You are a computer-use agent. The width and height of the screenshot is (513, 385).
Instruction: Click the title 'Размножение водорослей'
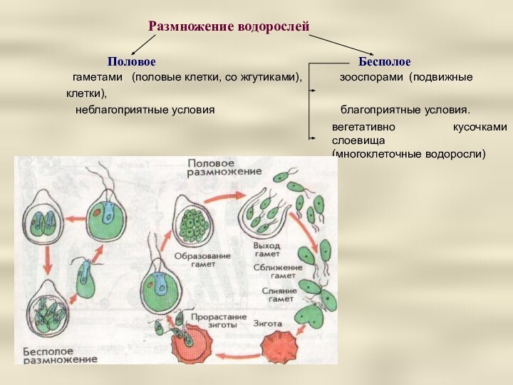click(x=229, y=27)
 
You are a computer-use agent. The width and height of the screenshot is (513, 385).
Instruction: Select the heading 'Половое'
click(x=131, y=63)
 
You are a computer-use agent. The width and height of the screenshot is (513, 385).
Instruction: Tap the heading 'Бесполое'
click(x=385, y=63)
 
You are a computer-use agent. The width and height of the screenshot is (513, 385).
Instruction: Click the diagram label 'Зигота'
click(x=267, y=322)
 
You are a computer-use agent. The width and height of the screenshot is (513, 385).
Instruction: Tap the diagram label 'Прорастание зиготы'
click(x=218, y=321)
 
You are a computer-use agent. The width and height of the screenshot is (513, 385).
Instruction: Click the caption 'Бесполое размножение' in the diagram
click(x=56, y=356)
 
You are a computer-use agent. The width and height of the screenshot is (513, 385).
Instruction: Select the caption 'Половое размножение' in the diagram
click(x=224, y=168)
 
